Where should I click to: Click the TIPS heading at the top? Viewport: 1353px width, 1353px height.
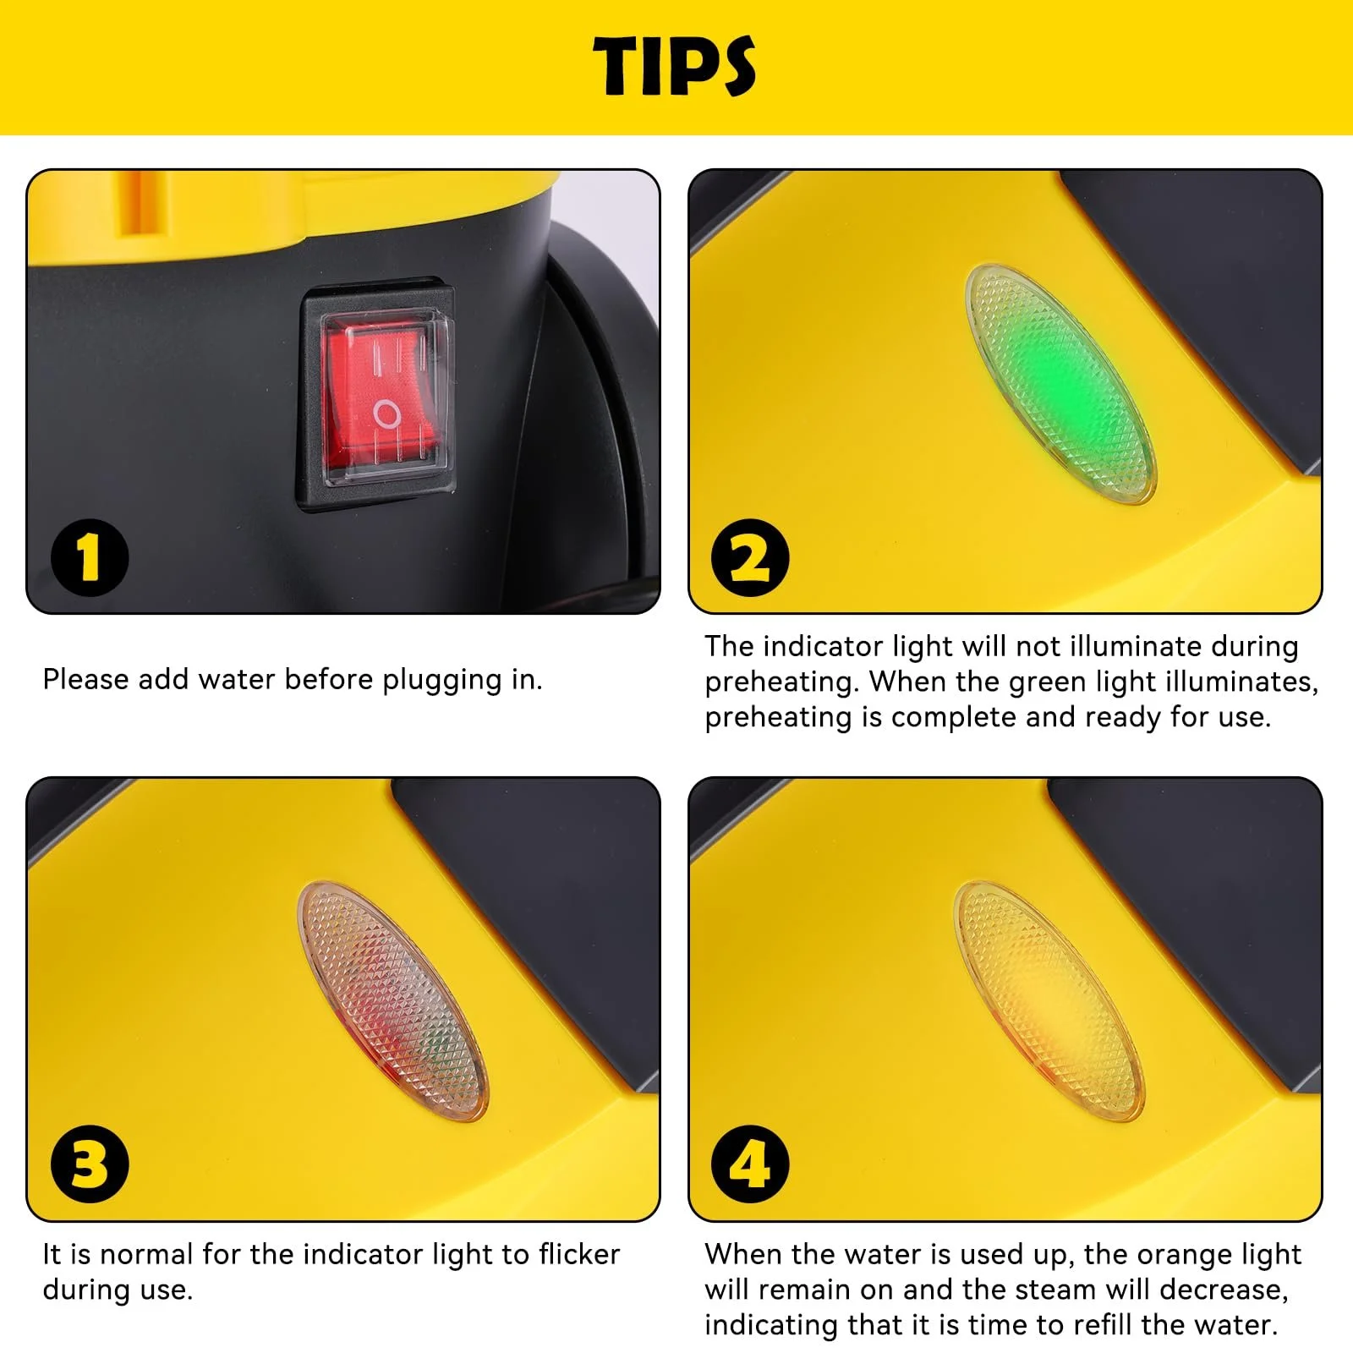(x=674, y=66)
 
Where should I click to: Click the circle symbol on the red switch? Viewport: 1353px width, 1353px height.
(x=386, y=414)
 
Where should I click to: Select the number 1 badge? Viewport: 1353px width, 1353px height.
(x=90, y=557)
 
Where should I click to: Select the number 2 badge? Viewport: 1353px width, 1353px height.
(x=750, y=557)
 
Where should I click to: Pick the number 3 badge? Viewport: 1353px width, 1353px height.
(x=90, y=1164)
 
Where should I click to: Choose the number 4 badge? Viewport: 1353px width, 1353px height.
(x=750, y=1164)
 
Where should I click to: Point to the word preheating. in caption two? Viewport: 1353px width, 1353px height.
(x=783, y=682)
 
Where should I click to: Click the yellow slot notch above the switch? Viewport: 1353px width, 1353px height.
(x=139, y=204)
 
